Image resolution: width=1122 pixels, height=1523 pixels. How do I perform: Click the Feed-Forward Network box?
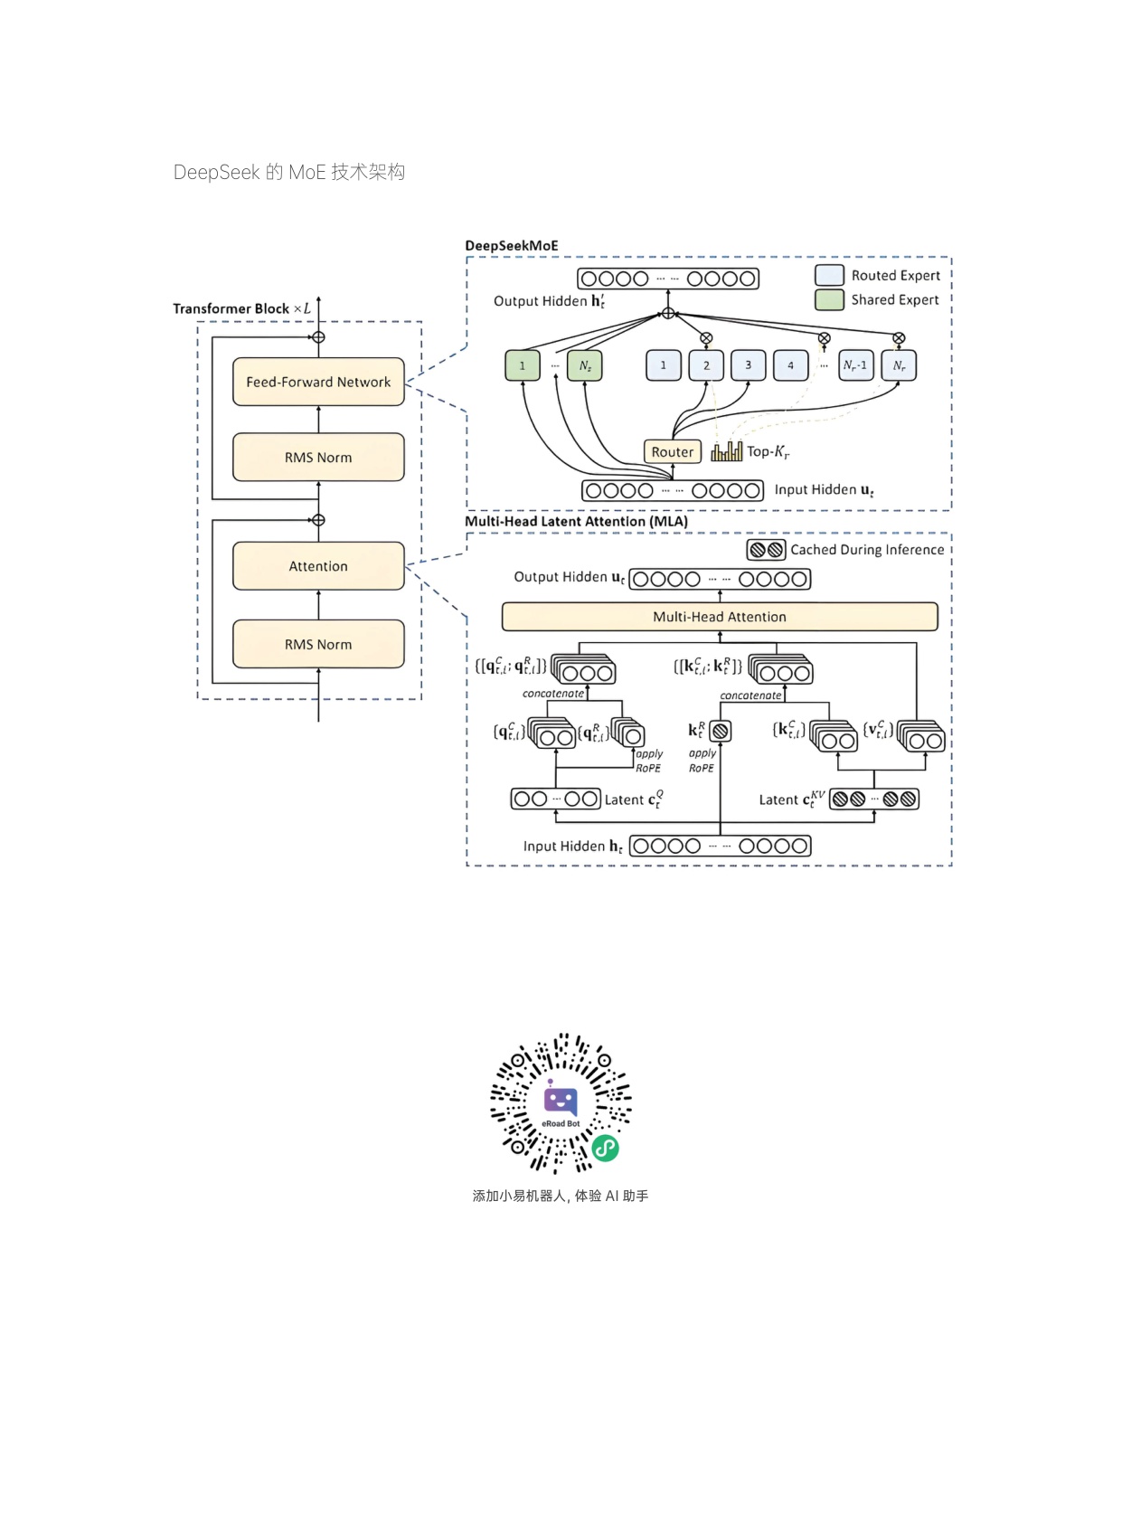[x=318, y=382]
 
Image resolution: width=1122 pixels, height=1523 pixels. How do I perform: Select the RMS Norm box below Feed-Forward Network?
[x=318, y=458]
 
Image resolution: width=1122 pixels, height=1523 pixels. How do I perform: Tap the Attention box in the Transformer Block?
[x=318, y=566]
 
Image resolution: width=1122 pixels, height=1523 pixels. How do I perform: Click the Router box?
[x=672, y=451]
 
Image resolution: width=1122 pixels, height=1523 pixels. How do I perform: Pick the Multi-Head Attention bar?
[x=720, y=617]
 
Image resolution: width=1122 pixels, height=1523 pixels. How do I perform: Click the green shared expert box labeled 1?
[x=522, y=365]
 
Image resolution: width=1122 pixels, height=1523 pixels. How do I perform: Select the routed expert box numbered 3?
[x=748, y=365]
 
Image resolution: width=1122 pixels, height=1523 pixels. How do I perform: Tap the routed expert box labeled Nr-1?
[x=855, y=365]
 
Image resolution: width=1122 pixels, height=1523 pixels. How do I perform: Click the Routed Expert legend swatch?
[x=829, y=275]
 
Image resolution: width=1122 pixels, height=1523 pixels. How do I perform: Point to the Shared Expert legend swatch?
[x=829, y=299]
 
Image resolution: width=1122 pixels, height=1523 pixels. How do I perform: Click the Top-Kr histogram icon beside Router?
[x=726, y=451]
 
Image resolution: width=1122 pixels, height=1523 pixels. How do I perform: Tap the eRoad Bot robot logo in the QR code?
[x=561, y=1101]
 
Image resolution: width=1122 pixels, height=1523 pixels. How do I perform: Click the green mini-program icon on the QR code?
[x=605, y=1148]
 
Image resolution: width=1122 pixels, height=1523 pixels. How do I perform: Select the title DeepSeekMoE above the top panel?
[x=512, y=246]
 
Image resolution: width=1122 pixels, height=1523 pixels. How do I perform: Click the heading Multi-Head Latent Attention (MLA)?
[x=576, y=522]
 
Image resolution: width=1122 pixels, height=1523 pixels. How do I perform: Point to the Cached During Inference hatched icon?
[x=766, y=550]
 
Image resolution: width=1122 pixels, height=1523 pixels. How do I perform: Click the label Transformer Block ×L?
[x=241, y=308]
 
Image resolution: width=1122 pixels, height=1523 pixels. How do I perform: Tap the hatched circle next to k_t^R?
[x=720, y=731]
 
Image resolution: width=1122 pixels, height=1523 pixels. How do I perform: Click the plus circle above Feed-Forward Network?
[x=318, y=337]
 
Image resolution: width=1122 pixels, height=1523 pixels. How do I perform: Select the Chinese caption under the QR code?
[x=560, y=1196]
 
